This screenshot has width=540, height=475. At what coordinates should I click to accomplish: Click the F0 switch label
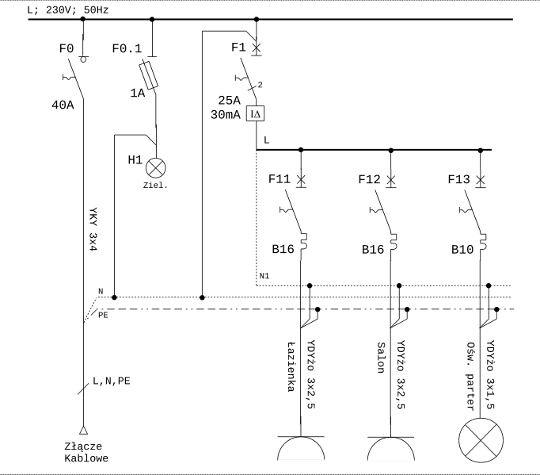[67, 48]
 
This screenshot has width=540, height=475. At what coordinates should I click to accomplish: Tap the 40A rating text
[62, 105]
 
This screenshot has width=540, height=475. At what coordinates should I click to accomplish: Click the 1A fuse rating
[138, 93]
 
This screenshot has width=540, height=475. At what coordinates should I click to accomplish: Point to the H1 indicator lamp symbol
[157, 167]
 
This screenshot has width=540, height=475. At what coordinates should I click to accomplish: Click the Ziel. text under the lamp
[155, 186]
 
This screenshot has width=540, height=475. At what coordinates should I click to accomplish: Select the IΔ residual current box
[255, 114]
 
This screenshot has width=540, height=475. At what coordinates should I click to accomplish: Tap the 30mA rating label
[226, 114]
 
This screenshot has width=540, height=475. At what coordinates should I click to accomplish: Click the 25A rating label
[229, 100]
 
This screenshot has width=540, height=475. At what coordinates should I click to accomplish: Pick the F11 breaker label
[280, 179]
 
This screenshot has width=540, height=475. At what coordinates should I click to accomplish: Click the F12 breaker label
[370, 179]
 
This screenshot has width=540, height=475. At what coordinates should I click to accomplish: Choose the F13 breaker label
[460, 179]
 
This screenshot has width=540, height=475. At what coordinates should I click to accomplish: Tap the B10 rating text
[463, 249]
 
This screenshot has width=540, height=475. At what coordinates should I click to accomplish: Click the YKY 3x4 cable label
[92, 230]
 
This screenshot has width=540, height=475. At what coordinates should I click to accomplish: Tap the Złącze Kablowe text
[86, 452]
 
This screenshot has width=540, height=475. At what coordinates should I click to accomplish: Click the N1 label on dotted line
[264, 276]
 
